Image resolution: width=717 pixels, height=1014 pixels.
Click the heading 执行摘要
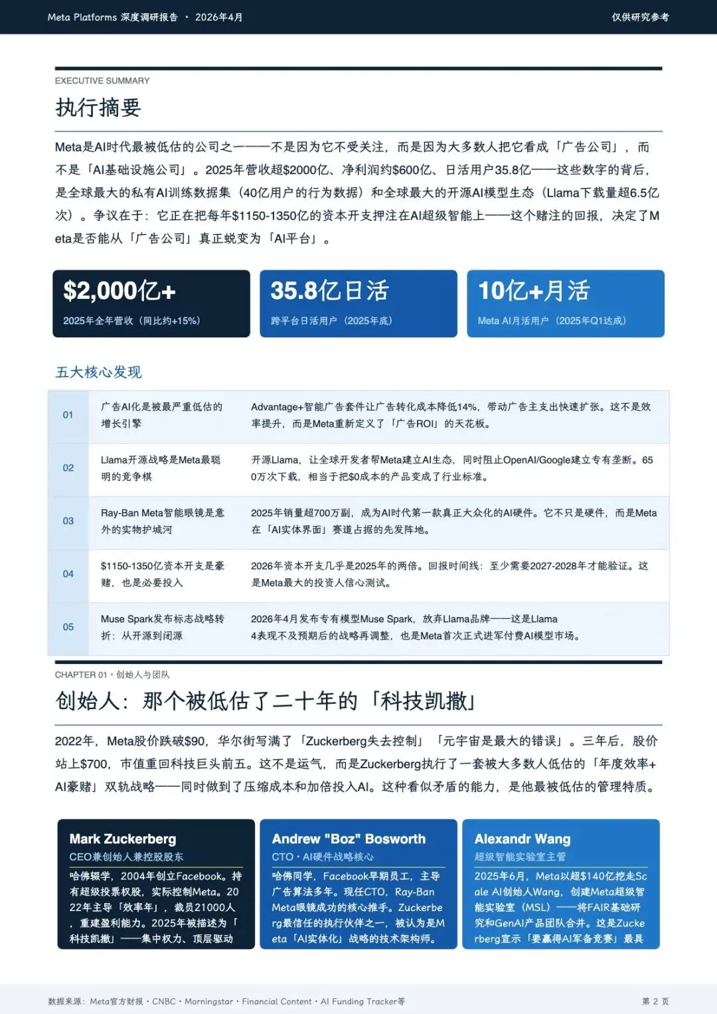coord(98,108)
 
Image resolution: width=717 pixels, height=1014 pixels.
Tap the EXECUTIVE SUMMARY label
coord(102,81)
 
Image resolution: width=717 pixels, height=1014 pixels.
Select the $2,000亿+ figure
coord(119,291)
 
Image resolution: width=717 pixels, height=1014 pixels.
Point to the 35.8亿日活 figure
coord(329,291)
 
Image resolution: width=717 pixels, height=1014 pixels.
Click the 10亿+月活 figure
coord(534,291)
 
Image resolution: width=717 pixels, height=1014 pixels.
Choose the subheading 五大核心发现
coord(98,372)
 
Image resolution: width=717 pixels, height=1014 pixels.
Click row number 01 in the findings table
coord(68,415)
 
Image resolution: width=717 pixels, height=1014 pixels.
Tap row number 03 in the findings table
coord(68,521)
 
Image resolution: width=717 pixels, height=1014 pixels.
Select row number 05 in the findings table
coord(68,627)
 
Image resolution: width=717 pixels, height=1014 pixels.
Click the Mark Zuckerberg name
coord(123,839)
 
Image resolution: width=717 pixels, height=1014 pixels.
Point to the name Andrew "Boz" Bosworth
coord(349,839)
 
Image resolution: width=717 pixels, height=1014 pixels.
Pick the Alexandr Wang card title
coord(522,839)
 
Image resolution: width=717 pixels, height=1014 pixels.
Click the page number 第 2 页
coord(655,1001)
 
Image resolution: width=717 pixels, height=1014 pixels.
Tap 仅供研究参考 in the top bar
coord(640,17)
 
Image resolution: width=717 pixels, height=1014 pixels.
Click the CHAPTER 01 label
coord(80,675)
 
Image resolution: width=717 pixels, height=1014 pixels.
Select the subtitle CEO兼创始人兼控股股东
coord(126,857)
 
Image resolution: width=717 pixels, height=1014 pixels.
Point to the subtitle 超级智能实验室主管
coord(520,857)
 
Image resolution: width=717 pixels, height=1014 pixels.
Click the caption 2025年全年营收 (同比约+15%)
coord(131,321)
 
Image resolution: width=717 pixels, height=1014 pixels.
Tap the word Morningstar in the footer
coord(208,1001)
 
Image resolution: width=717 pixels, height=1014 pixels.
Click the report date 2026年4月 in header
coord(218,17)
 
